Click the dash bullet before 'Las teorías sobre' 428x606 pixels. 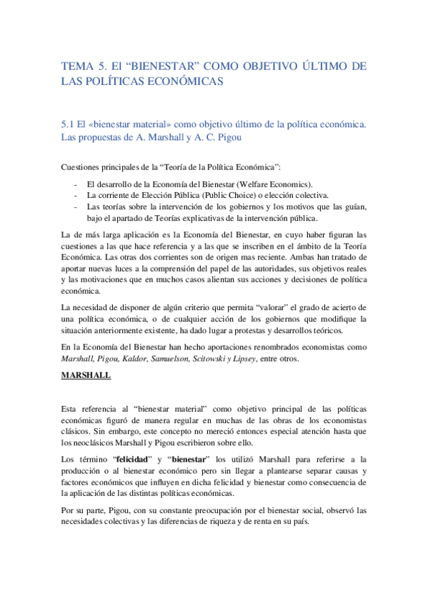coord(76,207)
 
